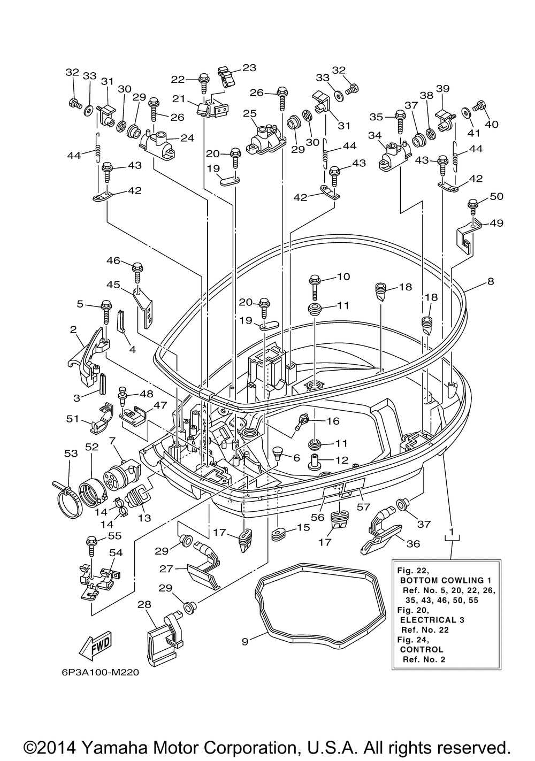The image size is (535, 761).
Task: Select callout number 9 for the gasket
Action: (x=245, y=641)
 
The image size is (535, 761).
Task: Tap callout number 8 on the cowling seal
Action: (x=491, y=281)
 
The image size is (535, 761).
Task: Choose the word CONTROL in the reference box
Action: (x=422, y=649)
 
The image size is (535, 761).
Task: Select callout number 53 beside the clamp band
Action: (x=71, y=453)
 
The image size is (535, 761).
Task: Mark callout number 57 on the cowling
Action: (x=364, y=506)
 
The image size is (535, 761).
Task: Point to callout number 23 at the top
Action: (x=249, y=68)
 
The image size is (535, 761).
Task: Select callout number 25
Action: (x=249, y=114)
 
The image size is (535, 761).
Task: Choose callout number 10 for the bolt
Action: (x=343, y=276)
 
